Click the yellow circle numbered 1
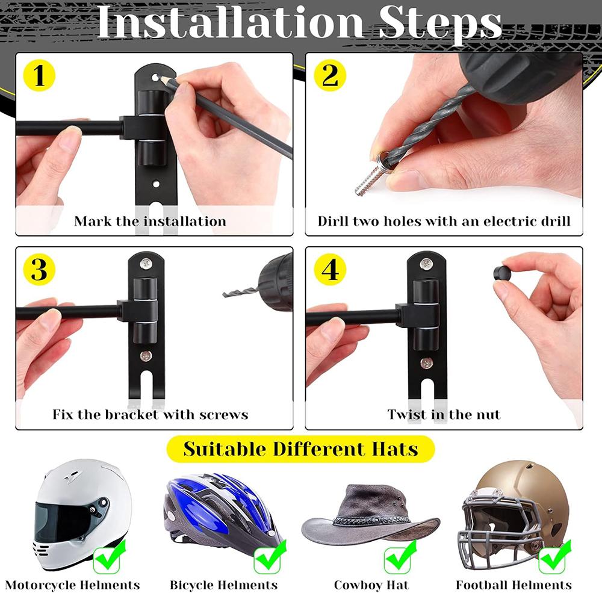[x=39, y=77]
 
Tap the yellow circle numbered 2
[x=330, y=77]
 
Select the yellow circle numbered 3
[x=39, y=270]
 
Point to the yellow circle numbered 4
[x=330, y=270]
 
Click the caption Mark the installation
[x=150, y=222]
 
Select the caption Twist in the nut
[x=444, y=415]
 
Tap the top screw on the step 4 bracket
[x=426, y=263]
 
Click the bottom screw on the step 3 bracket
[x=146, y=356]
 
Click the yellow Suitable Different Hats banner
[x=300, y=449]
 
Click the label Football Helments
[x=514, y=585]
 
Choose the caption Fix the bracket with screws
[x=150, y=415]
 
